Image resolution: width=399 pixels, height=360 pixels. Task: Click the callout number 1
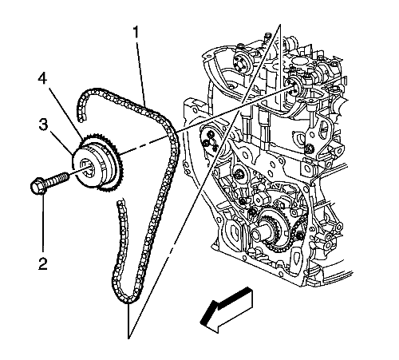pyautogui.click(x=136, y=32)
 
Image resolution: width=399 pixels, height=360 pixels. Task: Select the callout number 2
pyautogui.click(x=43, y=263)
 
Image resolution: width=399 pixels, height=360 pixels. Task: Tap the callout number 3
pyautogui.click(x=43, y=125)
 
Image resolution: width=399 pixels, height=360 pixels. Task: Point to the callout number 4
pyautogui.click(x=42, y=79)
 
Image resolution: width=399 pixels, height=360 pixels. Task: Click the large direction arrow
pyautogui.click(x=226, y=310)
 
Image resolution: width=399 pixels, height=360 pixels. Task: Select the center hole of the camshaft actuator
pyautogui.click(x=87, y=168)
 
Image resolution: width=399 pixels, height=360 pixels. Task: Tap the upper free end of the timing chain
pyautogui.click(x=81, y=118)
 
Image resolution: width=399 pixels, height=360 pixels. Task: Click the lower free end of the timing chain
pyautogui.click(x=120, y=204)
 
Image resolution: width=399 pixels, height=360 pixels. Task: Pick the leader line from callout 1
pyautogui.click(x=141, y=72)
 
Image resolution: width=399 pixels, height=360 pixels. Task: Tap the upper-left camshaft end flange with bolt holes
pyautogui.click(x=240, y=62)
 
